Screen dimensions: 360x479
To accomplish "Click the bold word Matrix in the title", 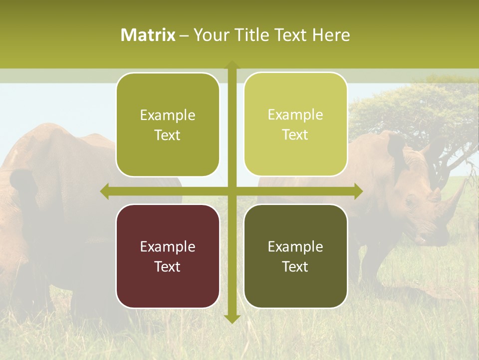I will tap(148, 35).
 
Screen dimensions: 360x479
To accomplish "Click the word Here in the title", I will tap(331, 35).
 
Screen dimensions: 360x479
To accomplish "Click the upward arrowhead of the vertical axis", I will tap(232, 65).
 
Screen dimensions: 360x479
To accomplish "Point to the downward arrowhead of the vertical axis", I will tap(232, 318).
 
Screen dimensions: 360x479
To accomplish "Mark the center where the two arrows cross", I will tap(232, 191).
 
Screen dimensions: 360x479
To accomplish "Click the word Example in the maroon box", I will tap(168, 247).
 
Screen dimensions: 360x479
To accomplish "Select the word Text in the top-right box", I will tap(295, 135).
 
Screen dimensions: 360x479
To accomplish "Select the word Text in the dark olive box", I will tap(295, 266).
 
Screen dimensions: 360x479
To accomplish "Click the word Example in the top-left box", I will tap(168, 115).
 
